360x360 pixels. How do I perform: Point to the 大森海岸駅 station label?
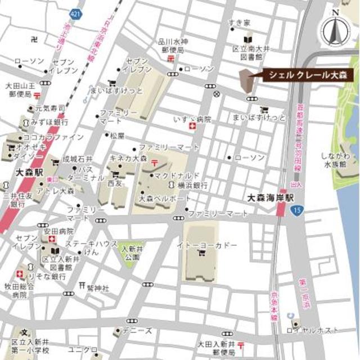coord(271,197)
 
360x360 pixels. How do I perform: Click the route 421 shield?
coord(76,12)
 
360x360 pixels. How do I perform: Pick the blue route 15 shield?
coord(296,210)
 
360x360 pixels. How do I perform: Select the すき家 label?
coord(239,22)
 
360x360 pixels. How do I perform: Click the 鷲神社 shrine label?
coord(97,287)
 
